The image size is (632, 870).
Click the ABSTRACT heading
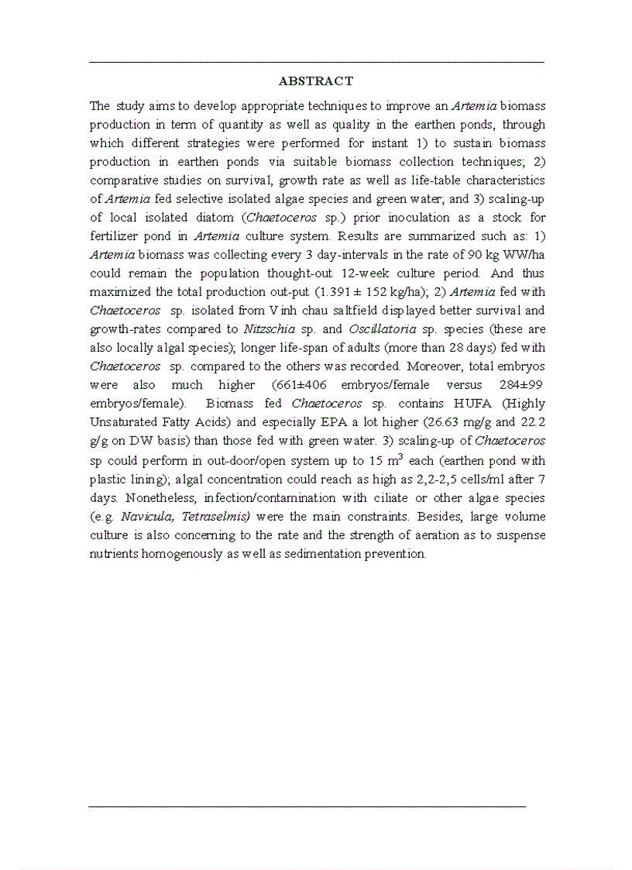click(315, 81)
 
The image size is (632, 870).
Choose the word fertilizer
click(115, 236)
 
